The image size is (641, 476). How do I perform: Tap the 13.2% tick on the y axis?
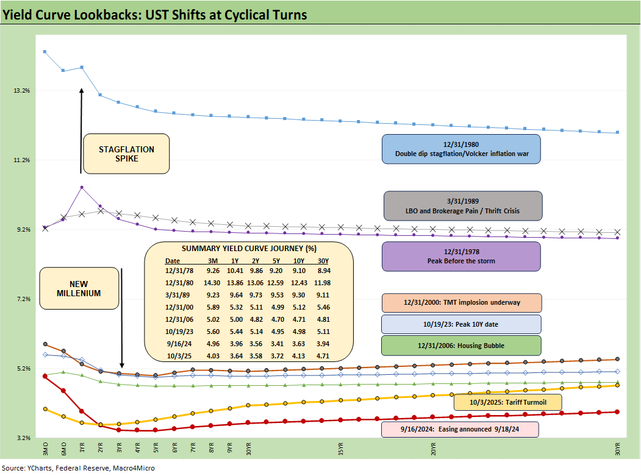(22, 90)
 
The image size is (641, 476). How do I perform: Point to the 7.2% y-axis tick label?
(22, 299)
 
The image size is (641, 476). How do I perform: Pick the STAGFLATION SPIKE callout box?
(126, 154)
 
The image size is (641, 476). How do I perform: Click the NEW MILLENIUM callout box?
(79, 288)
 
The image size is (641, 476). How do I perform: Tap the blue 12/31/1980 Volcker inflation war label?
(461, 149)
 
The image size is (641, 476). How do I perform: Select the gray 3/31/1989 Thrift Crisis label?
(462, 205)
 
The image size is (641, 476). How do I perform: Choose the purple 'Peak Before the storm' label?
(461, 256)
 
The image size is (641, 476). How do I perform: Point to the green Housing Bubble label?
(461, 346)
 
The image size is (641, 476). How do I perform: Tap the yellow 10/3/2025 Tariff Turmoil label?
(508, 402)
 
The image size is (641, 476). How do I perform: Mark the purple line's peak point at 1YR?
(82, 187)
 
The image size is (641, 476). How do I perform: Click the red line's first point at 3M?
(45, 376)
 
